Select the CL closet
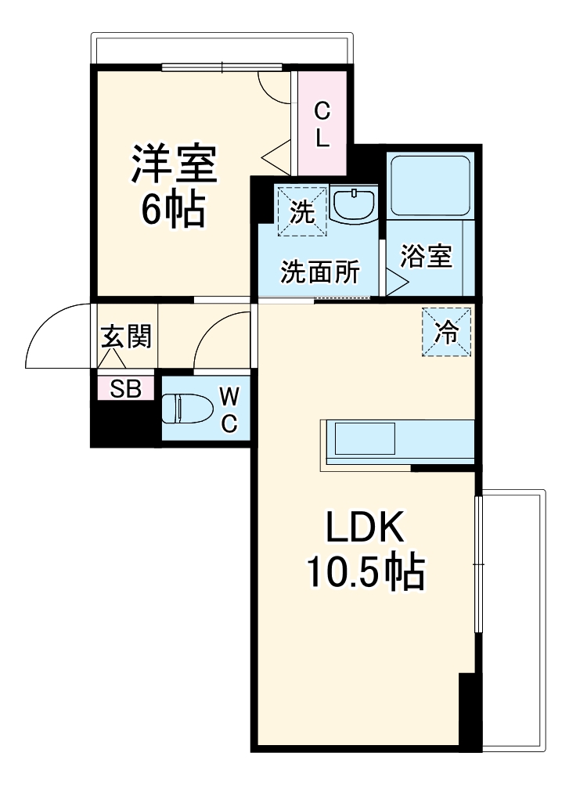pos(322,124)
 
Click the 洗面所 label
pos(320,272)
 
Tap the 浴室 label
pos(427,257)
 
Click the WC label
pos(228,408)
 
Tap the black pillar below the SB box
pos(124,423)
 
